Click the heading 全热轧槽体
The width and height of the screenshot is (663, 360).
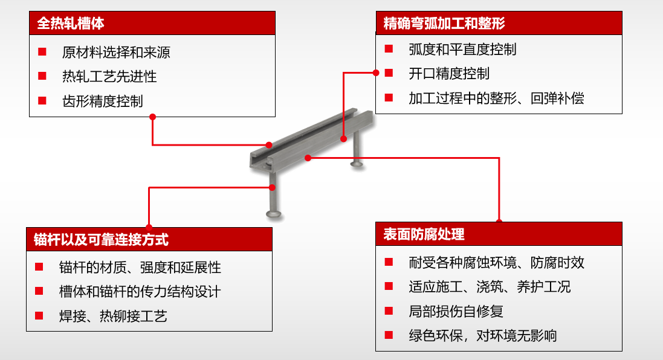(x=71, y=23)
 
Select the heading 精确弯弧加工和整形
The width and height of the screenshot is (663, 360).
(x=444, y=23)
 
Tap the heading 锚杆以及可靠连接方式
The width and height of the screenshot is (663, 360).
(x=101, y=240)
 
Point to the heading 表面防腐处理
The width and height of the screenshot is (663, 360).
(x=424, y=234)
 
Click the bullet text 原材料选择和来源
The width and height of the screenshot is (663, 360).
(x=116, y=53)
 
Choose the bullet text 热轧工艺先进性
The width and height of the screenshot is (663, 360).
(x=109, y=77)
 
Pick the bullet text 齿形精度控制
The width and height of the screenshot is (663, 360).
(x=102, y=101)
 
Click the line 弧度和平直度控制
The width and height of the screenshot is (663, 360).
(x=462, y=50)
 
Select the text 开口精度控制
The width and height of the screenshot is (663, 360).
(x=448, y=74)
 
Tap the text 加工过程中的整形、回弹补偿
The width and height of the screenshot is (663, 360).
(x=496, y=98)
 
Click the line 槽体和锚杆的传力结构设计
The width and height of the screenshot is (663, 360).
(x=140, y=292)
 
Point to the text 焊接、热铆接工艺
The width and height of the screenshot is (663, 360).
(x=113, y=316)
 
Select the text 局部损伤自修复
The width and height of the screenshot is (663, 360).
(x=455, y=312)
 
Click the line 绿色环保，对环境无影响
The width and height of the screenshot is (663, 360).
(x=482, y=335)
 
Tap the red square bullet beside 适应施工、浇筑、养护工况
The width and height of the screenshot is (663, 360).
(x=389, y=286)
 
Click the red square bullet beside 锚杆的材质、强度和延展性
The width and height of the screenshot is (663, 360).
(x=39, y=266)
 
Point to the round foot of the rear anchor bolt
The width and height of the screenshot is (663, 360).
(x=357, y=163)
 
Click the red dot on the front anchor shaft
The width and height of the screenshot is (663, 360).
(x=273, y=188)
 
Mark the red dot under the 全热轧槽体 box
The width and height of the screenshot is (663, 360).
(x=153, y=117)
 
